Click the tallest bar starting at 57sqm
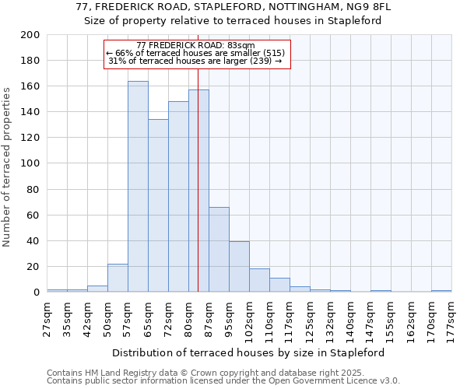click(x=138, y=187)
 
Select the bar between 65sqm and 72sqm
click(x=158, y=206)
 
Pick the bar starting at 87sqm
click(x=219, y=250)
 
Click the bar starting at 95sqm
click(x=239, y=267)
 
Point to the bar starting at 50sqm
click(x=118, y=278)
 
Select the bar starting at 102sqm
click(x=259, y=280)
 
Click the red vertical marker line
click(x=198, y=194)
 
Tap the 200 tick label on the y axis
click(x=31, y=35)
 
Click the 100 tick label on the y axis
click(x=31, y=163)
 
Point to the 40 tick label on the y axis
click(x=34, y=240)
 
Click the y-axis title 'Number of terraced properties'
click(x=7, y=166)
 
